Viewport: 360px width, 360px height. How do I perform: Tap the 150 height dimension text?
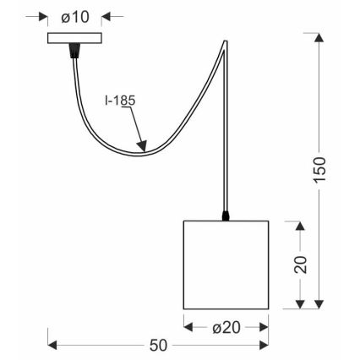click(319, 173)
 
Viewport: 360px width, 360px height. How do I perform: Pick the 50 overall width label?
click(158, 345)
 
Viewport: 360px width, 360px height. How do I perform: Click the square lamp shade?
click(226, 265)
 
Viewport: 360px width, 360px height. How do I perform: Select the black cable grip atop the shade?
click(226, 216)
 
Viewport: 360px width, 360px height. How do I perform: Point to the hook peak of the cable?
click(225, 41)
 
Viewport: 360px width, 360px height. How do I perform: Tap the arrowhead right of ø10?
click(108, 17)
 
